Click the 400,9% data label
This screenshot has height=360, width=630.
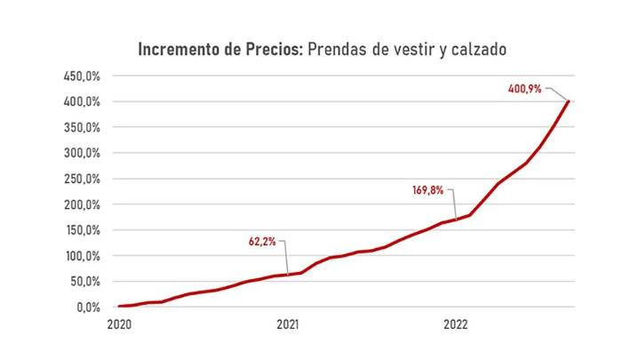tap(523, 89)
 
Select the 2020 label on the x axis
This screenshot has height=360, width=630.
tap(119, 325)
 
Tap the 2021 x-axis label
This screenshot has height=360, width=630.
tap(287, 325)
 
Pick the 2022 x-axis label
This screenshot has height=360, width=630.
tap(455, 325)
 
